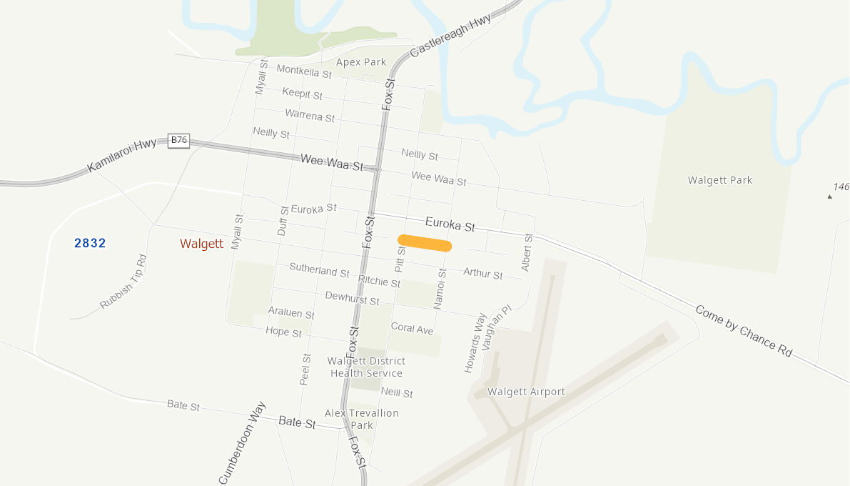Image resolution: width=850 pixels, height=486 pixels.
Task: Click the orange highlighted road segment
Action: (425, 243)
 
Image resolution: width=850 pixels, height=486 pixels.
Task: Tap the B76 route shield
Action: (178, 140)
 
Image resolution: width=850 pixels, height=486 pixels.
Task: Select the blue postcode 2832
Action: (90, 243)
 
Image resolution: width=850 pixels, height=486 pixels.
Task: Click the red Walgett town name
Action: (201, 244)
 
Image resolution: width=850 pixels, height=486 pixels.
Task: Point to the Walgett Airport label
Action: (526, 392)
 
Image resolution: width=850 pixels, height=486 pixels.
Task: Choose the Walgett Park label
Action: (720, 180)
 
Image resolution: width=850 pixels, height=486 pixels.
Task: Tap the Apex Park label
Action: (361, 62)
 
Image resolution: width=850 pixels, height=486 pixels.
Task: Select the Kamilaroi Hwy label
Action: (122, 156)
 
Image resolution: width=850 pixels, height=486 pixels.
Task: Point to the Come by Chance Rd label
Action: (744, 331)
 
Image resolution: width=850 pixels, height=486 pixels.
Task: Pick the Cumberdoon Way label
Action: (243, 443)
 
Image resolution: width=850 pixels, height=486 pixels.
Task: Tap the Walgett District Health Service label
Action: (366, 367)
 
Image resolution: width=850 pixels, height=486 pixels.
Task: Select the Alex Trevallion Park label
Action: (362, 419)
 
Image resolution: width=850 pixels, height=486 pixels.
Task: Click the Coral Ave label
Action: (412, 329)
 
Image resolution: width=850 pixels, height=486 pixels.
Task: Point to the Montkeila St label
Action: (304, 71)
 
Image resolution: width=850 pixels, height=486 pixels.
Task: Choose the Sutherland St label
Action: (319, 270)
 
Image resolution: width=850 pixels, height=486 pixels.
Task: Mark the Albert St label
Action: (527, 252)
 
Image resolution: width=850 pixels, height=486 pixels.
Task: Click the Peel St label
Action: (305, 370)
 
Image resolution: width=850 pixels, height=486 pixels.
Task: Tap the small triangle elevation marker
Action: (829, 196)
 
